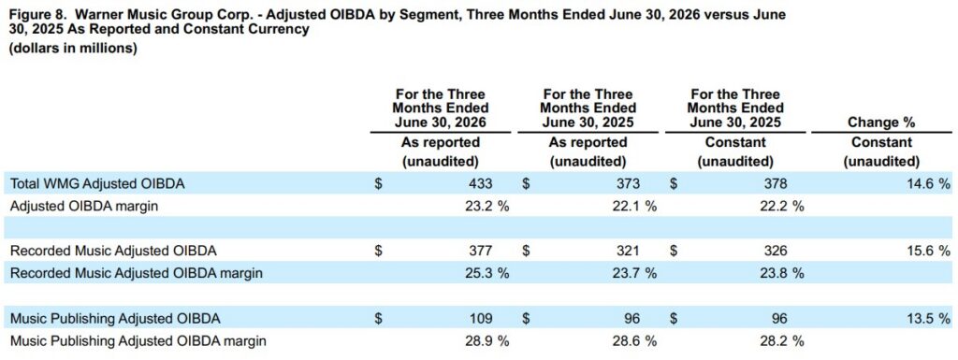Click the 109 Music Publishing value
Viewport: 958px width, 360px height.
click(x=480, y=318)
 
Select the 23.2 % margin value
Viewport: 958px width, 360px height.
click(x=486, y=206)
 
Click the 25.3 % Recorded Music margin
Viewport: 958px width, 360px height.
click(x=486, y=273)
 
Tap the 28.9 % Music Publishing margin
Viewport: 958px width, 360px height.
click(x=486, y=340)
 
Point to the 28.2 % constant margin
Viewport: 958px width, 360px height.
click(x=781, y=340)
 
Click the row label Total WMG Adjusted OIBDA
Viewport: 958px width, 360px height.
click(x=89, y=182)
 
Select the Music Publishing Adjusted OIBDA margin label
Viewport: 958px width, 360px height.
click(x=138, y=340)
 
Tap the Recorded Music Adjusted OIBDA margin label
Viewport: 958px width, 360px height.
click(x=137, y=273)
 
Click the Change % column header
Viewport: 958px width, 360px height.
click(x=881, y=122)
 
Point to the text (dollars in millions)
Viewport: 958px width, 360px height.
click(x=72, y=49)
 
